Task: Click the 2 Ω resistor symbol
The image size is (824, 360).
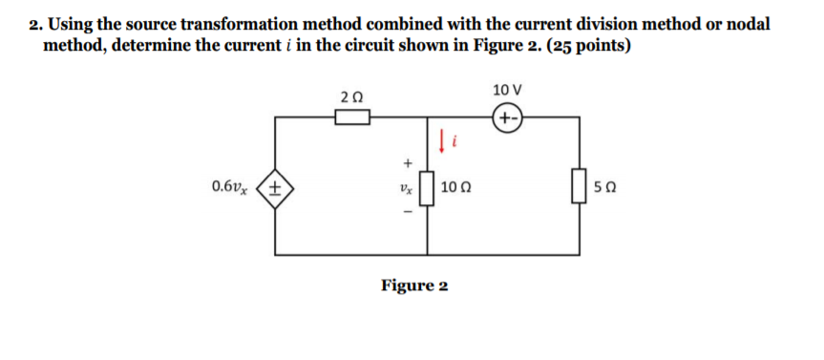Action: tap(351, 117)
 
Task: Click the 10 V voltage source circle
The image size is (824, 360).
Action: tap(506, 118)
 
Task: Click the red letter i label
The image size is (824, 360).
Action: tap(456, 144)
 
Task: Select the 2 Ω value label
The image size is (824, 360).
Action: tap(351, 96)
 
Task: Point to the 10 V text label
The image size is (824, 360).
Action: tap(506, 91)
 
